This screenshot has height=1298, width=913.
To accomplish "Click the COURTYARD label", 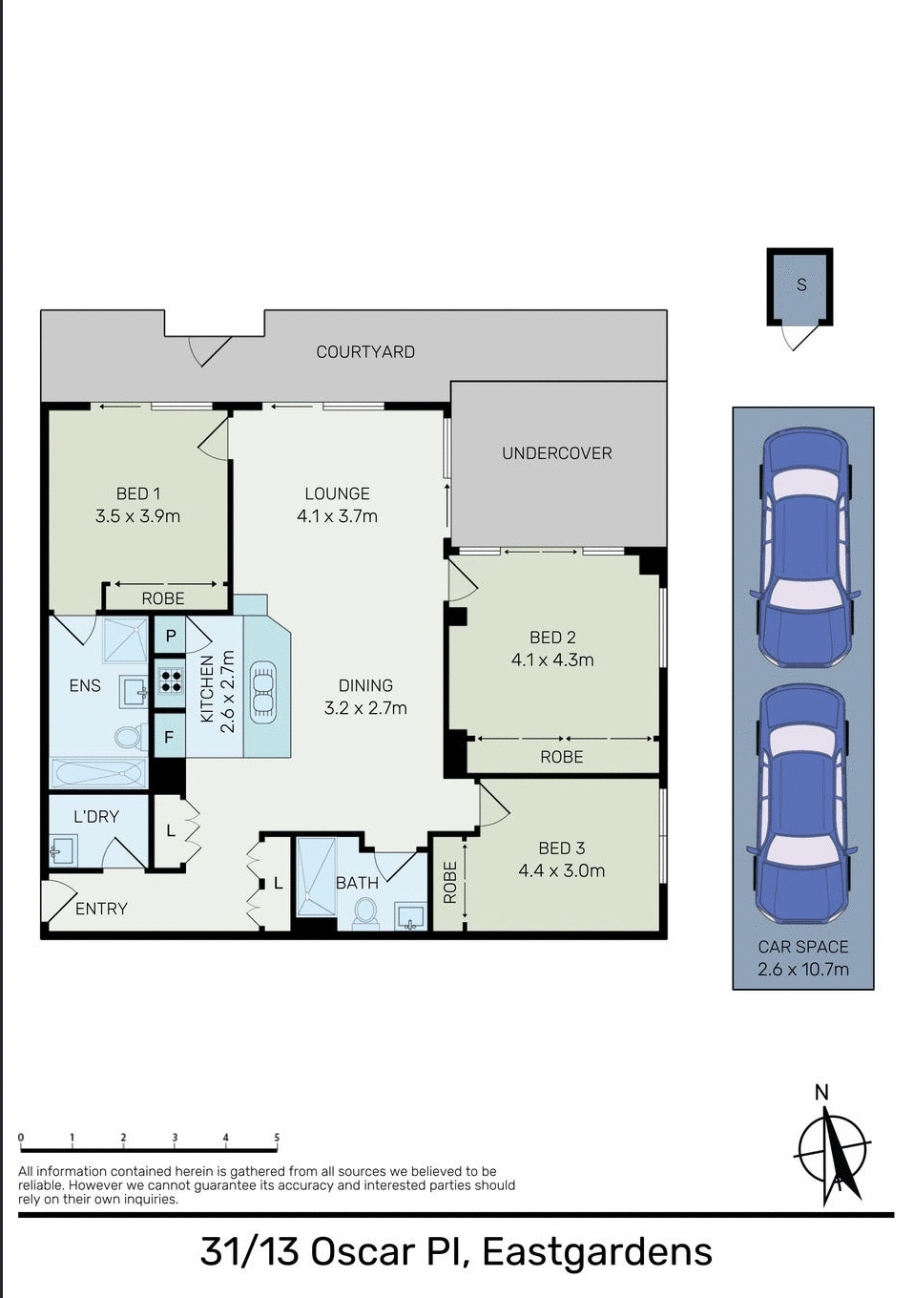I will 365,352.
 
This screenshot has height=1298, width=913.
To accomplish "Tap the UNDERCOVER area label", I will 557,453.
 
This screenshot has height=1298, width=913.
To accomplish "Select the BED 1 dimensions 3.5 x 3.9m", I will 137,516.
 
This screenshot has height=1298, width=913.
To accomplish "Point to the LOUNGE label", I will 337,493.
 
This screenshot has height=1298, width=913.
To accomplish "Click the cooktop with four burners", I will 170,681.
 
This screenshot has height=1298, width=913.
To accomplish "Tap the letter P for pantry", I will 171,636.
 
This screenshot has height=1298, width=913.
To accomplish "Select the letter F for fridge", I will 169,737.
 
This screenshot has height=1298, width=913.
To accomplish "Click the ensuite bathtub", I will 97,772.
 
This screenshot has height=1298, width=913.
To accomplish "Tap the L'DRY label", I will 96,817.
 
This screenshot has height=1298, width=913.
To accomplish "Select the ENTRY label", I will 101,909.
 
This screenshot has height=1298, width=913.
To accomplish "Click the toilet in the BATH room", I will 364,912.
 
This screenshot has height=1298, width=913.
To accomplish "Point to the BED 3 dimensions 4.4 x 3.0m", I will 561,870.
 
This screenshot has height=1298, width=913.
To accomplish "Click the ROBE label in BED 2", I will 561,757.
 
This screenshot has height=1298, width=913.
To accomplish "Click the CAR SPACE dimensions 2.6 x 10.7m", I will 802,970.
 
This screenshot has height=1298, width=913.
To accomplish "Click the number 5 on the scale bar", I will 277,1138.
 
